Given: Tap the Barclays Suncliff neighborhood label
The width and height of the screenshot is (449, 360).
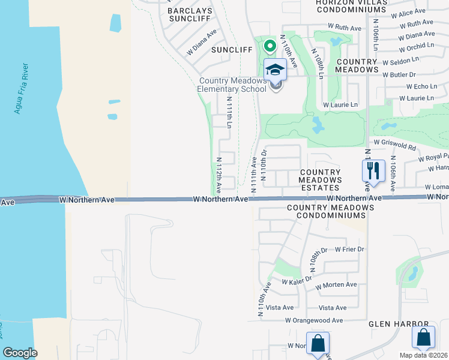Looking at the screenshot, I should (x=190, y=15).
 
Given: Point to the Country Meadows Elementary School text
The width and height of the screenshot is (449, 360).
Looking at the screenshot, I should (x=232, y=85).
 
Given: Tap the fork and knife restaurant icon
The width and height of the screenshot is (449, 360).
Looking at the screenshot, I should (x=373, y=170).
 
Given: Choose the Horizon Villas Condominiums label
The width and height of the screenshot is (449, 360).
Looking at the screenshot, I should (x=351, y=7).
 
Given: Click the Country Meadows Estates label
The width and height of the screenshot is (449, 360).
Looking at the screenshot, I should (x=321, y=180).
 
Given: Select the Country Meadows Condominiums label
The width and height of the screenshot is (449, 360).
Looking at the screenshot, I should (x=330, y=212).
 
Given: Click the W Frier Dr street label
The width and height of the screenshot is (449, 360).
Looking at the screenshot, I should (x=350, y=249).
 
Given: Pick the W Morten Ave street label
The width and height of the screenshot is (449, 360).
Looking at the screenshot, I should (x=336, y=284).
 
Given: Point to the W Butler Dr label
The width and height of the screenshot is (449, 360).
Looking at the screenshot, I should (x=420, y=74).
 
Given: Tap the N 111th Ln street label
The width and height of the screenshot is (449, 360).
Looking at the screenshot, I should (x=229, y=113).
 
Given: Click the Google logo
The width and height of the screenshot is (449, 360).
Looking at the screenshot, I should (x=20, y=353).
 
